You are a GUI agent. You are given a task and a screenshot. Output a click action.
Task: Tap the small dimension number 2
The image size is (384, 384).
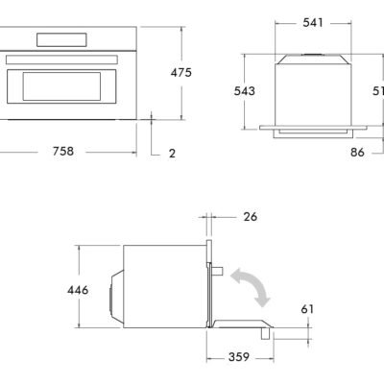point(172,153)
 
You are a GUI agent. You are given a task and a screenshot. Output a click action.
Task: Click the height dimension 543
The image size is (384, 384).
point(247,90)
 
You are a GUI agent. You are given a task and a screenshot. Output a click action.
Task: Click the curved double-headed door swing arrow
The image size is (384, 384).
point(249,287)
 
